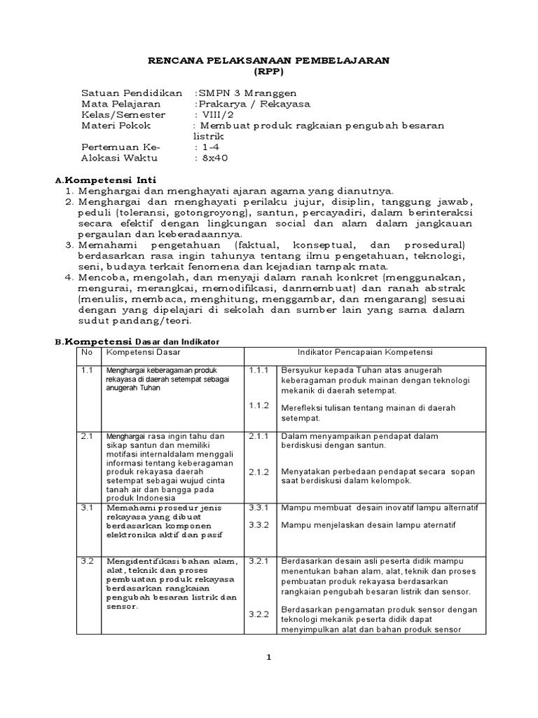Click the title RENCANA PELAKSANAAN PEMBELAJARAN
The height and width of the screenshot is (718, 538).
(269, 61)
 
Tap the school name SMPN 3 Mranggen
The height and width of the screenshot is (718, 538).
(238, 93)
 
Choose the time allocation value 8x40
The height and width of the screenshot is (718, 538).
(212, 158)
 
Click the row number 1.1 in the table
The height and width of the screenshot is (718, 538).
(87, 369)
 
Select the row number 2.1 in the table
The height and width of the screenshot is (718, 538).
(87, 435)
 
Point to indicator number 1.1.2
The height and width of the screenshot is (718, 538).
(258, 405)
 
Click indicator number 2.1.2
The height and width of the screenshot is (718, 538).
(258, 472)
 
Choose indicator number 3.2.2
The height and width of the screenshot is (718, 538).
(258, 615)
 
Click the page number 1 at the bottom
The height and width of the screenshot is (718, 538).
(268, 657)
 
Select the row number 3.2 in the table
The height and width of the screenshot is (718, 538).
(87, 561)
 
